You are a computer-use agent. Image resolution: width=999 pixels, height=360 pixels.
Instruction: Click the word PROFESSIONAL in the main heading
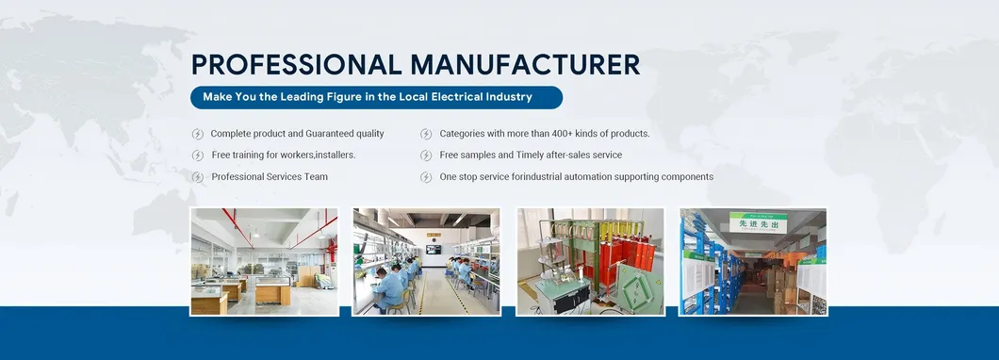(296, 64)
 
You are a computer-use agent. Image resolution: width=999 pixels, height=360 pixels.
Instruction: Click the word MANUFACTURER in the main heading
(525, 64)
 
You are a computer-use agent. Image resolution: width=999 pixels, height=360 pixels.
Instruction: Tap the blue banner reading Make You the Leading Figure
(376, 97)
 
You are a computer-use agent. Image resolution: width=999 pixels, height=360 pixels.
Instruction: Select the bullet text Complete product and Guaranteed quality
(297, 134)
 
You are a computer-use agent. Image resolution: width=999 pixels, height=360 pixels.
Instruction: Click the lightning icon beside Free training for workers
(198, 155)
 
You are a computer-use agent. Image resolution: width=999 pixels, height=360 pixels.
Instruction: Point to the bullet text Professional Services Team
(270, 177)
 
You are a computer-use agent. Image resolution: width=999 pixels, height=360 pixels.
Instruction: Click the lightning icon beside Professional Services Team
(198, 177)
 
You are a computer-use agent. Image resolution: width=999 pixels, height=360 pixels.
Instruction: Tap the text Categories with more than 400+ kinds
(544, 134)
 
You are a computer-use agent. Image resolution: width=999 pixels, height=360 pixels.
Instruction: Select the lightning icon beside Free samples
(426, 155)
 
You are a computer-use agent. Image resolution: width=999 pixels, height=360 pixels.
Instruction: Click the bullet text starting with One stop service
(576, 177)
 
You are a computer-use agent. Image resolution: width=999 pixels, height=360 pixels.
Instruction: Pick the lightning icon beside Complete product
(198, 134)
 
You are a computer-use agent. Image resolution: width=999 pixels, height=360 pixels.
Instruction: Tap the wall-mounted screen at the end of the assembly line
(433, 249)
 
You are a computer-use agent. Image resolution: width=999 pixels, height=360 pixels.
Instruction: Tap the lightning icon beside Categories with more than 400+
(426, 134)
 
